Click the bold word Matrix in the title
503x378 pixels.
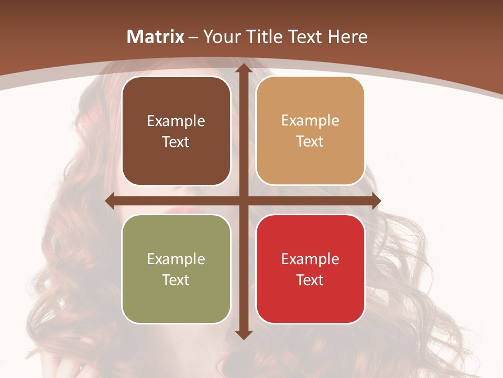click(x=156, y=37)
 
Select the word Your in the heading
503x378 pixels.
click(x=221, y=37)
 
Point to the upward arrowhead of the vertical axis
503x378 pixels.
click(x=243, y=68)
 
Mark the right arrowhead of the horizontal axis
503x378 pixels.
click(x=376, y=201)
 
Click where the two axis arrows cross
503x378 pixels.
click(x=243, y=201)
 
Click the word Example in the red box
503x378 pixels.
click(x=310, y=259)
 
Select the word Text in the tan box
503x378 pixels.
click(x=310, y=142)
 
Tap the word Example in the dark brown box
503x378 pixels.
click(x=176, y=121)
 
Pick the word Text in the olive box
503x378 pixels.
click(x=176, y=280)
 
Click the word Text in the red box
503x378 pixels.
click(x=310, y=280)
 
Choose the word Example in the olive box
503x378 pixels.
click(x=176, y=259)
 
